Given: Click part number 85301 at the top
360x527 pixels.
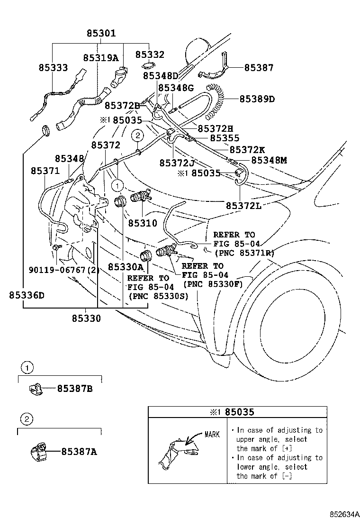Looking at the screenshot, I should click(101, 34).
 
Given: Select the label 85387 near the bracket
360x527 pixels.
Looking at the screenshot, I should click(259, 68).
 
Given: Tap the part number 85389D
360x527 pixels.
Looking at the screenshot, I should click(257, 99).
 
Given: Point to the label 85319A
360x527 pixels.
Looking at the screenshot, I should click(101, 57).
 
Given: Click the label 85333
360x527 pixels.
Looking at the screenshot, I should click(53, 68).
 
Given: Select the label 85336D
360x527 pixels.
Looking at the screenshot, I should click(26, 295).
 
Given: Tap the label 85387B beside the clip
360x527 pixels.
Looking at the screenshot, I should click(74, 389).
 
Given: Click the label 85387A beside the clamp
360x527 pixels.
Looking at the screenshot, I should click(79, 452).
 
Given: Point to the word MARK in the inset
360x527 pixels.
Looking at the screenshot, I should click(212, 435).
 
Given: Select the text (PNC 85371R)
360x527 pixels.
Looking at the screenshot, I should click(243, 253).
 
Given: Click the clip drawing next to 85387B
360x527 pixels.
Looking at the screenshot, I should click(34, 389).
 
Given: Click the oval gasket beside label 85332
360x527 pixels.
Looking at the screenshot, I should click(149, 65).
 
